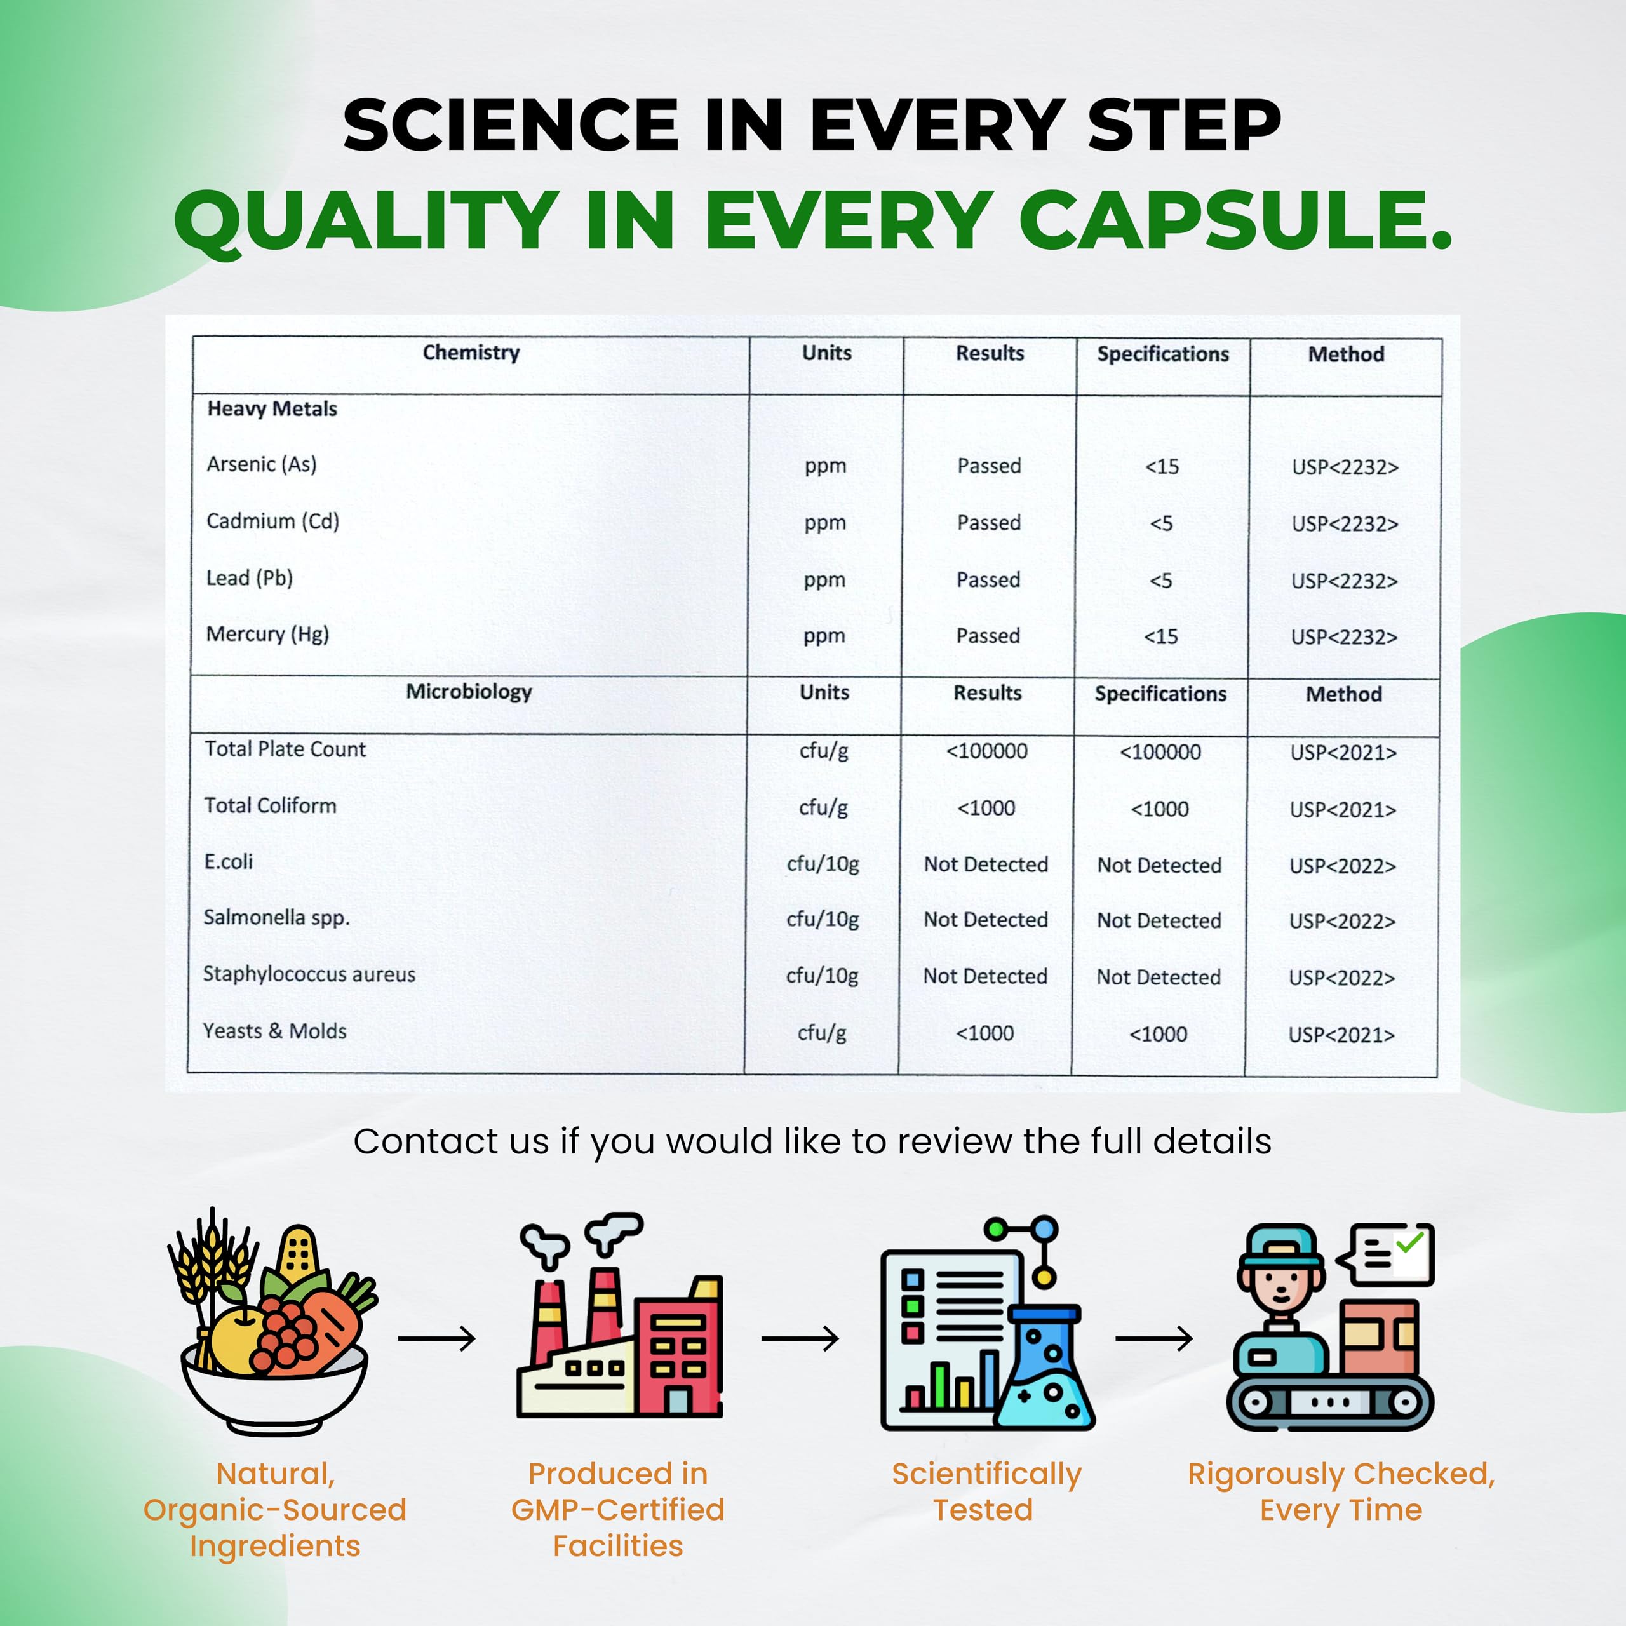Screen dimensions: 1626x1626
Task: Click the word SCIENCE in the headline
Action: (511, 124)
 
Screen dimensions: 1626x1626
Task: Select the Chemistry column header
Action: (471, 353)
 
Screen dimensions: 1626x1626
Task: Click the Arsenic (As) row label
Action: (262, 464)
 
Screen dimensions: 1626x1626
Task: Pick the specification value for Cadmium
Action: (1162, 523)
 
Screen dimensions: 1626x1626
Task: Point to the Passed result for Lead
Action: (988, 580)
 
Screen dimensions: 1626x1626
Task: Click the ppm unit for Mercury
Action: (824, 636)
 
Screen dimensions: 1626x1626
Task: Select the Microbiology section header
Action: (469, 692)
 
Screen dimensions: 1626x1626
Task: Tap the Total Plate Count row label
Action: (285, 749)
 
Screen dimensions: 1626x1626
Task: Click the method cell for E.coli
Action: (1342, 866)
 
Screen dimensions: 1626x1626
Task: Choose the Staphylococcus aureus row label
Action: (309, 974)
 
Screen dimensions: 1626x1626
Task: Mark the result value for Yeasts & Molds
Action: (984, 1033)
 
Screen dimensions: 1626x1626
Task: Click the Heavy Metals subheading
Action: (272, 409)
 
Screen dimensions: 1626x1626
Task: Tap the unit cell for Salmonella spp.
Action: (823, 920)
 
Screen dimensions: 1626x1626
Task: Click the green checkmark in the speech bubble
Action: (1409, 1242)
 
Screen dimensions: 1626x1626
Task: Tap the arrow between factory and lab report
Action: (800, 1338)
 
